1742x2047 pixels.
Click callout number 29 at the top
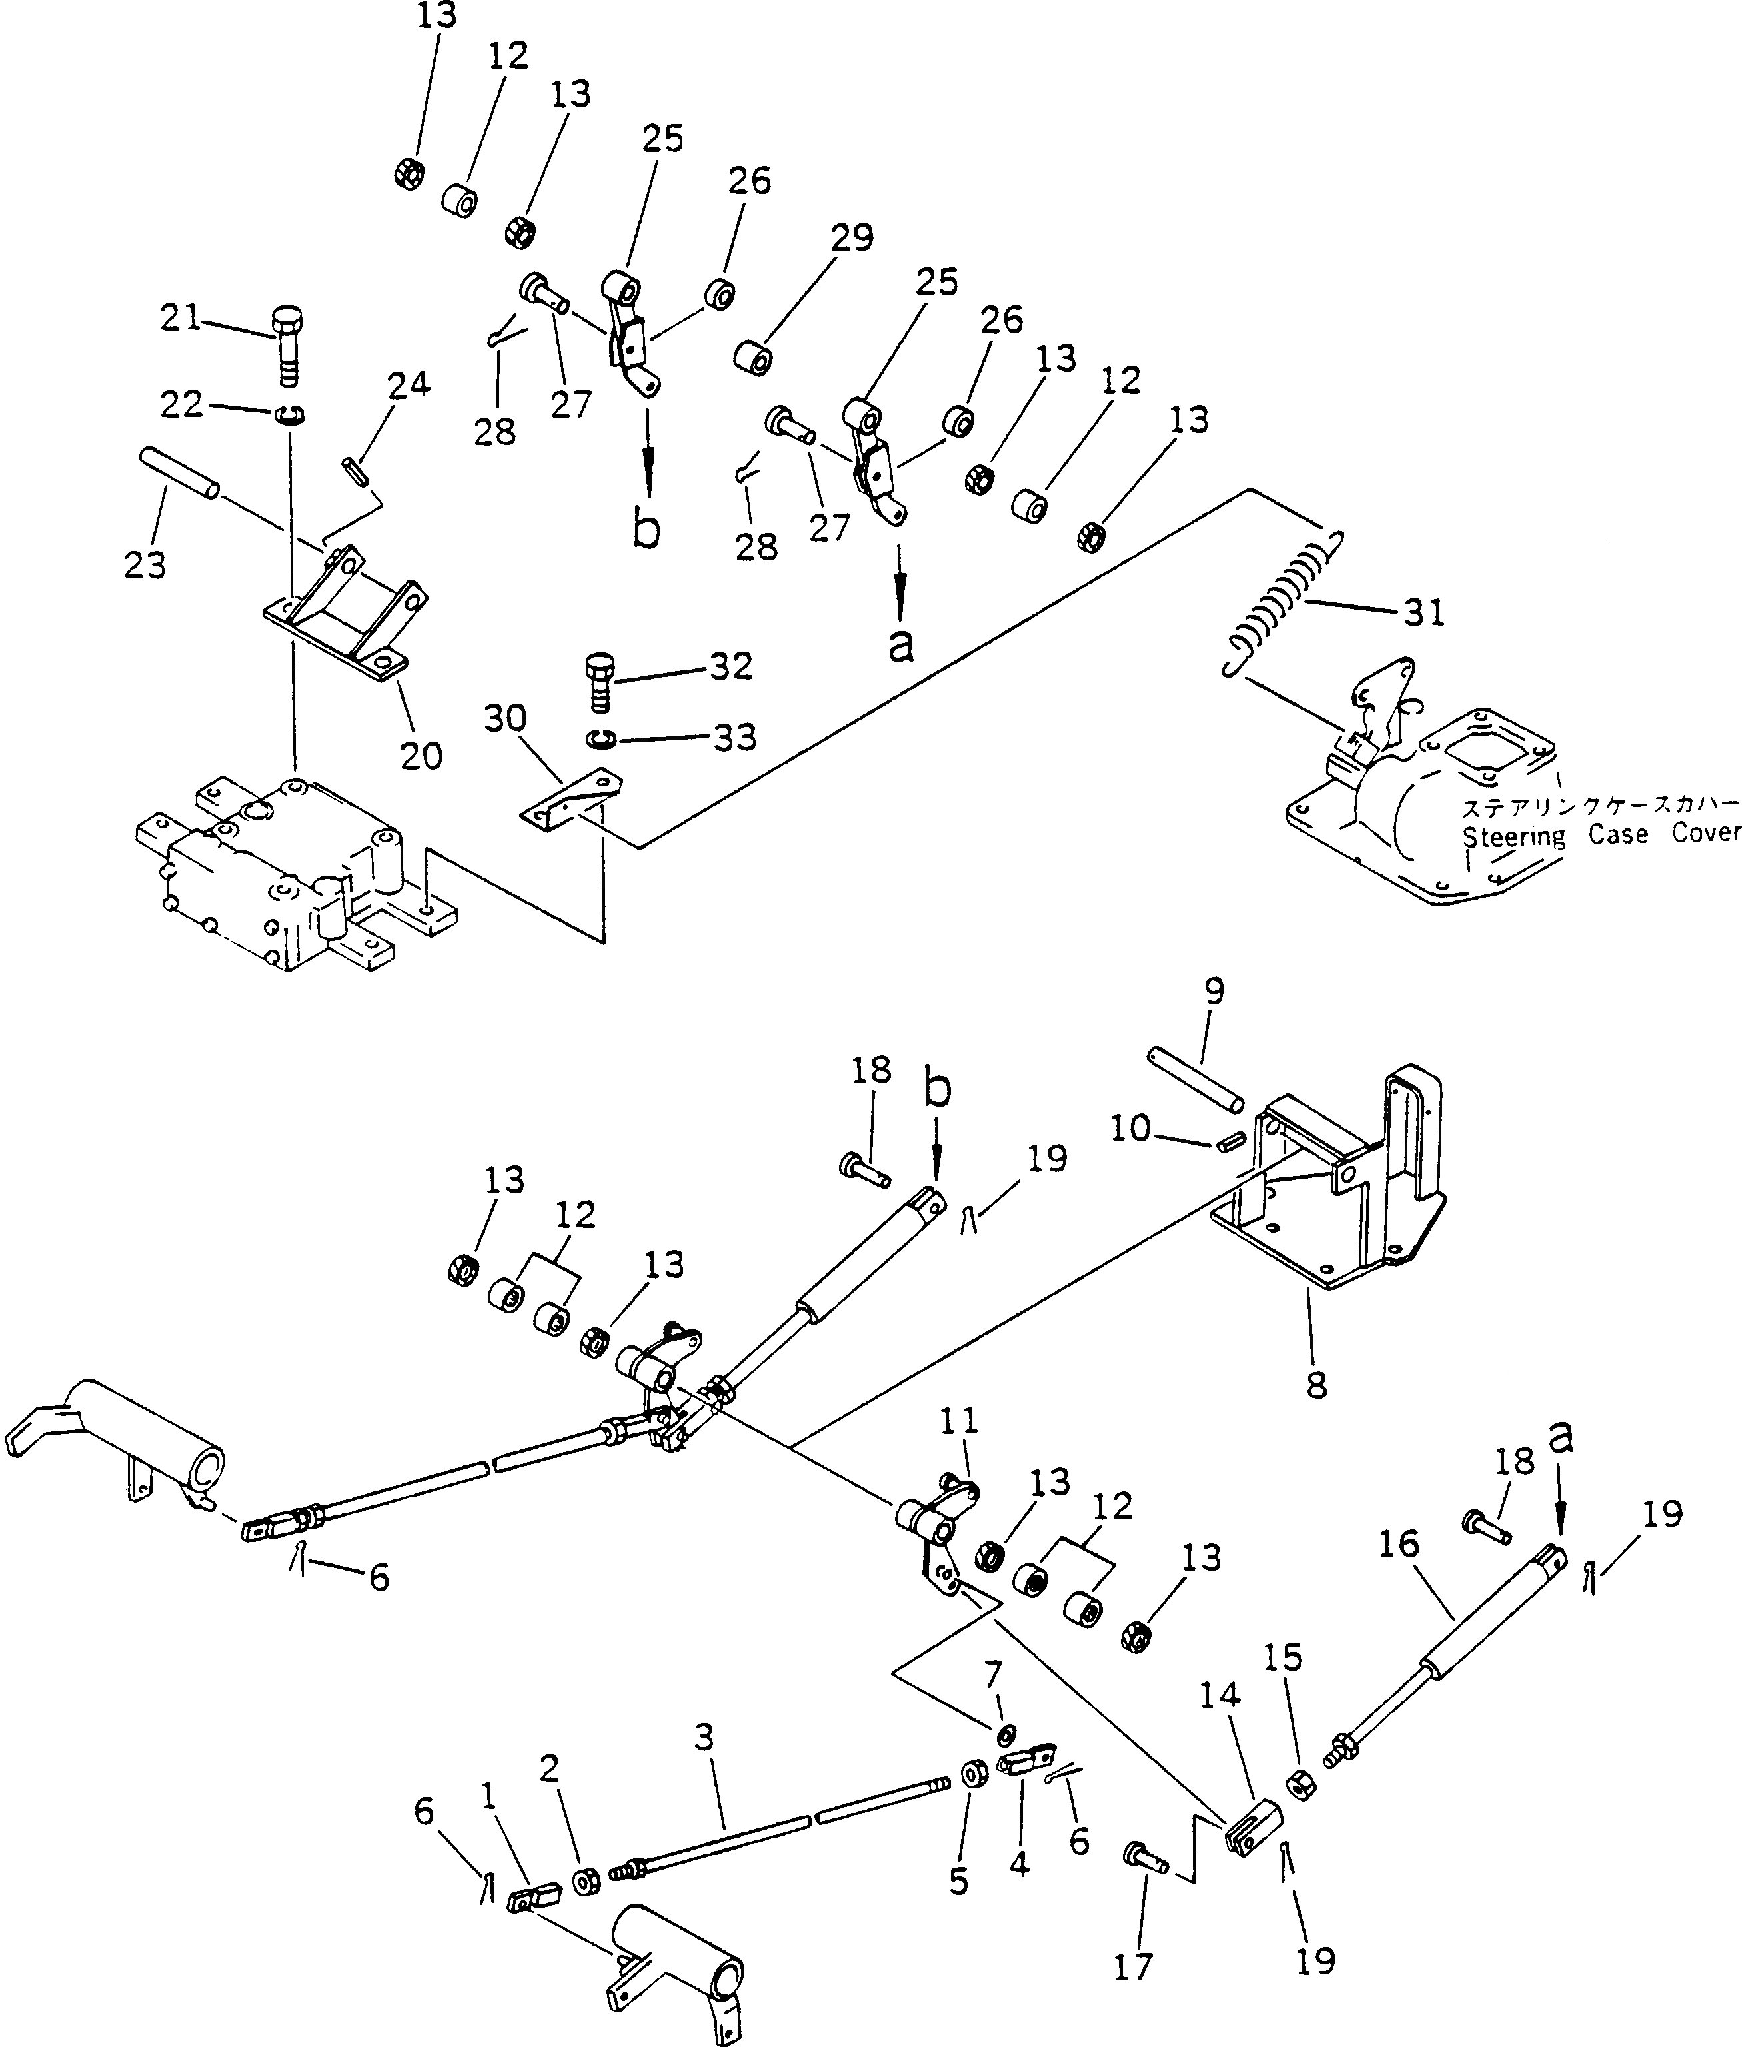[851, 238]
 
